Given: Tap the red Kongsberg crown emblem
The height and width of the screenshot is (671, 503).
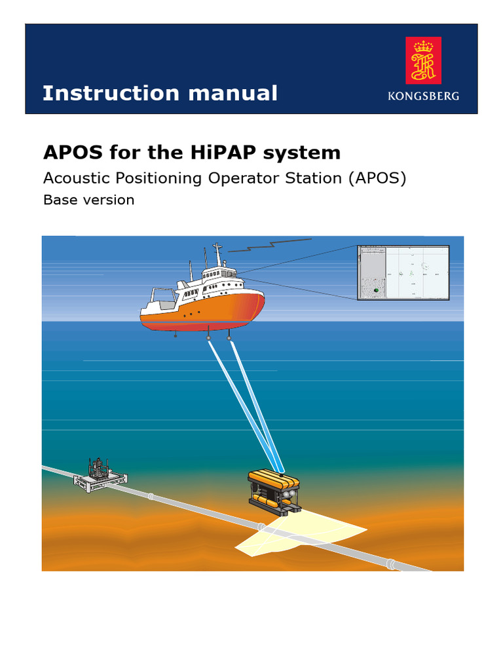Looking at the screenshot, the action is click(423, 60).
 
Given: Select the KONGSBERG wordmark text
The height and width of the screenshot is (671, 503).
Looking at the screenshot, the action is click(423, 96).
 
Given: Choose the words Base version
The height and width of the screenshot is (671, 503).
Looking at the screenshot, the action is click(88, 200).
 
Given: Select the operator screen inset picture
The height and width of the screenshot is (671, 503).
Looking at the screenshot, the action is click(403, 273).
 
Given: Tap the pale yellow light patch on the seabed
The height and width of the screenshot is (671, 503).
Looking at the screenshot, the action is click(301, 534).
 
